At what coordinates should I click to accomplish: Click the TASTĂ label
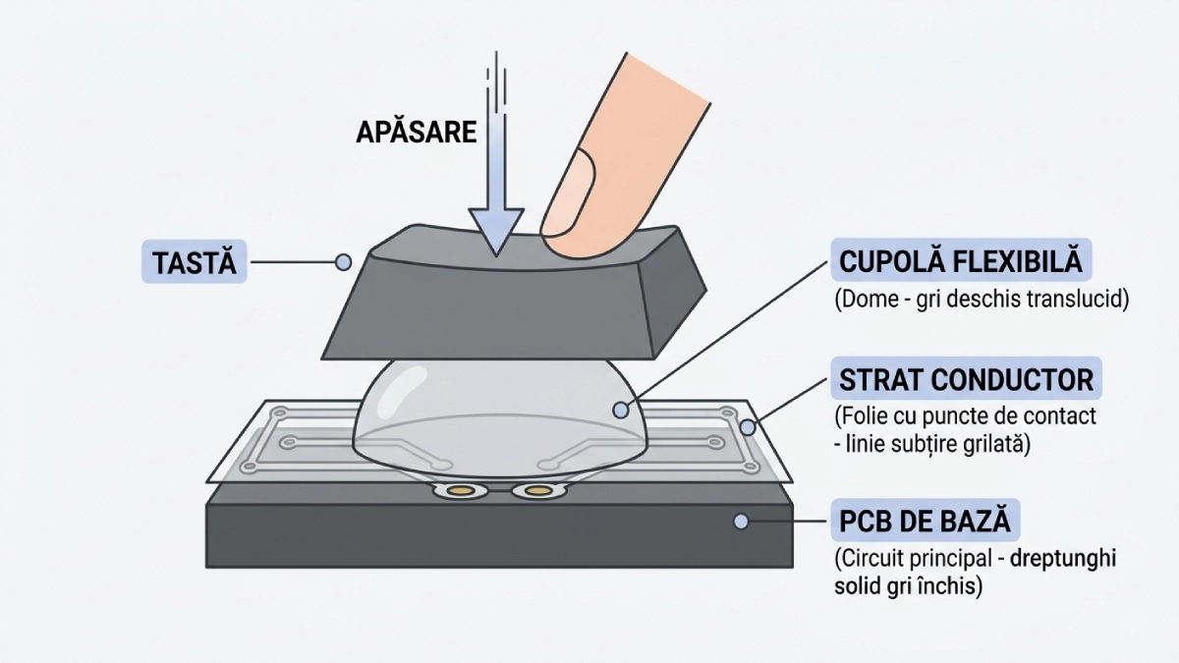click(195, 262)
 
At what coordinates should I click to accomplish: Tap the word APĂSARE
click(416, 133)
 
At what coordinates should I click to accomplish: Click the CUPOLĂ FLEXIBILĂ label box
click(960, 262)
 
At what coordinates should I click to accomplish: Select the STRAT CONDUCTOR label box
click(966, 379)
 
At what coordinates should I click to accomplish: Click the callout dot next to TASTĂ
click(343, 262)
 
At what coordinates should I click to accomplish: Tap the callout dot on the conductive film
click(748, 427)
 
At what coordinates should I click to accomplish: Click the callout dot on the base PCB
click(742, 521)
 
